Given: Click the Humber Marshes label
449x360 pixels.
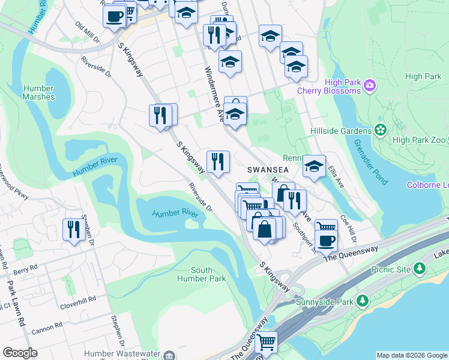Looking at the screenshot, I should tap(39, 92).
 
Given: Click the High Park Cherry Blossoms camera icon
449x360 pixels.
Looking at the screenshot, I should tap(370, 87).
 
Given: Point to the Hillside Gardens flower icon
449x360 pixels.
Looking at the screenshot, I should tap(380, 130).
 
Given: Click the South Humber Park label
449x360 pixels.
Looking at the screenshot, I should tap(209, 274).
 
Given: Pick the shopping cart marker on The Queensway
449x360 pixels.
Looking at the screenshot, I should tap(266, 343).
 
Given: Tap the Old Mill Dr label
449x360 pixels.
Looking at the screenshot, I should tap(87, 32).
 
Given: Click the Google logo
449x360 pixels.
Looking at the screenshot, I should tap(20, 353).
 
